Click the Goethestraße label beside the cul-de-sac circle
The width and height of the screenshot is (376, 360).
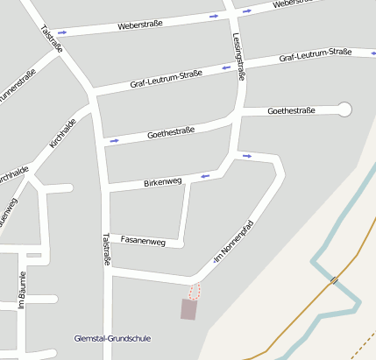(291, 111)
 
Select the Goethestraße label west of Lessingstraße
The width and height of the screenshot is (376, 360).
(171, 131)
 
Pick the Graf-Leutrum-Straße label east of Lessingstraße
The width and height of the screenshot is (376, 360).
(315, 56)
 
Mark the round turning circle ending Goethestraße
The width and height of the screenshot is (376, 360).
(344, 109)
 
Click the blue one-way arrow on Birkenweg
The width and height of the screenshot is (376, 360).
(206, 176)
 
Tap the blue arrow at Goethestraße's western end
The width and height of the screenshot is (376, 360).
(113, 139)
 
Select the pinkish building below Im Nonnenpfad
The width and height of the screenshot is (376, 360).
(188, 308)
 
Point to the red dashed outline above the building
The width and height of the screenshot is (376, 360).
(195, 291)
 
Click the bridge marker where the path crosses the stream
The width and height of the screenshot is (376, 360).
(335, 280)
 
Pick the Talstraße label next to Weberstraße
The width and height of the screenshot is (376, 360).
(52, 40)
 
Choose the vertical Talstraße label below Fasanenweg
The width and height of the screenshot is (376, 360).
(107, 250)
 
